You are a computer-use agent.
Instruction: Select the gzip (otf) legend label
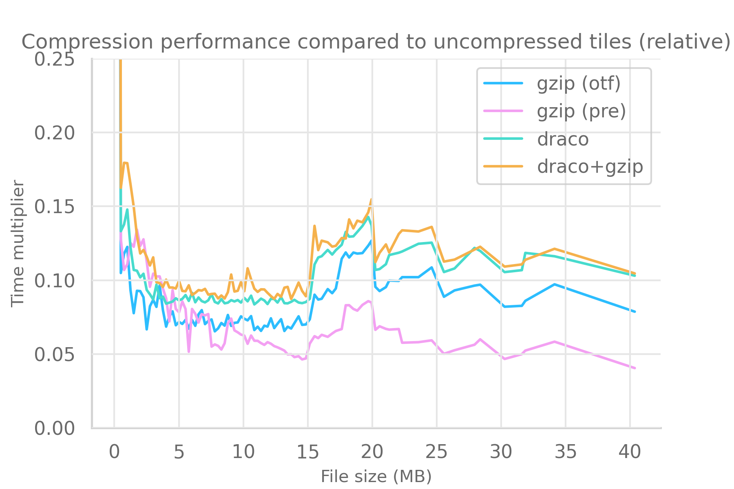pos(579,84)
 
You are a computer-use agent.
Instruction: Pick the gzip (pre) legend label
pos(581,111)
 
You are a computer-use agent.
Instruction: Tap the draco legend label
pos(563,139)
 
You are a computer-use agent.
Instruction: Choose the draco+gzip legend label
pos(590,167)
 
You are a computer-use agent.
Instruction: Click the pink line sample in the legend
pos(503,111)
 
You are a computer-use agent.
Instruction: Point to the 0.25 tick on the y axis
pos(54,59)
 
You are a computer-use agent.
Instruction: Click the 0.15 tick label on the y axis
pos(54,207)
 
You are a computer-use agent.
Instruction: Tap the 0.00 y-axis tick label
pos(54,429)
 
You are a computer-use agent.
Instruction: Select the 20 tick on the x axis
pos(372,452)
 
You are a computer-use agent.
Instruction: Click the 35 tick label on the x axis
pos(566,452)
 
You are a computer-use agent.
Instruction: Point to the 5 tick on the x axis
pos(179,452)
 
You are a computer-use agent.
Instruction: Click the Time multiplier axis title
pos(18,244)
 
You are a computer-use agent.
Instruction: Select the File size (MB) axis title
pos(376,476)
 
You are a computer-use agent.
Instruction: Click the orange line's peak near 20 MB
pos(371,199)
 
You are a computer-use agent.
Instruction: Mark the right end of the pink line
pos(635,368)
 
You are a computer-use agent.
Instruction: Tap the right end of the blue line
pos(635,312)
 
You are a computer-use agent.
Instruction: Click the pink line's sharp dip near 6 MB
pos(189,351)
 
